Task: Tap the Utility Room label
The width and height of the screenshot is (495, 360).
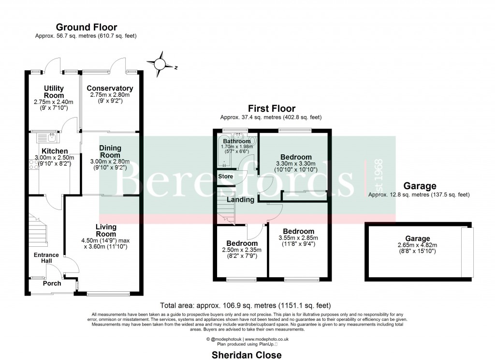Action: click(54, 92)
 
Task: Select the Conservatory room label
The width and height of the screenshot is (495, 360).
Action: click(110, 89)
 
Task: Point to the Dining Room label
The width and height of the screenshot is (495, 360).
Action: click(110, 151)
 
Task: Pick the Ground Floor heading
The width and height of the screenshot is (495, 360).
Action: click(87, 28)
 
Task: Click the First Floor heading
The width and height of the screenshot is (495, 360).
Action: click(271, 109)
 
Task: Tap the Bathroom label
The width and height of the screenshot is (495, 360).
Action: click(236, 141)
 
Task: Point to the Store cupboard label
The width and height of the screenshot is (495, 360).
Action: click(225, 177)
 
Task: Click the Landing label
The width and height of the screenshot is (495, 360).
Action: click(241, 199)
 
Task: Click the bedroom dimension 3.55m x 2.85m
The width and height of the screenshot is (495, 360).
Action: click(298, 238)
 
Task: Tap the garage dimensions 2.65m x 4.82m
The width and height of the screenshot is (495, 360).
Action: click(417, 245)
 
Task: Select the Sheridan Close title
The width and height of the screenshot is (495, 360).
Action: click(247, 355)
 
